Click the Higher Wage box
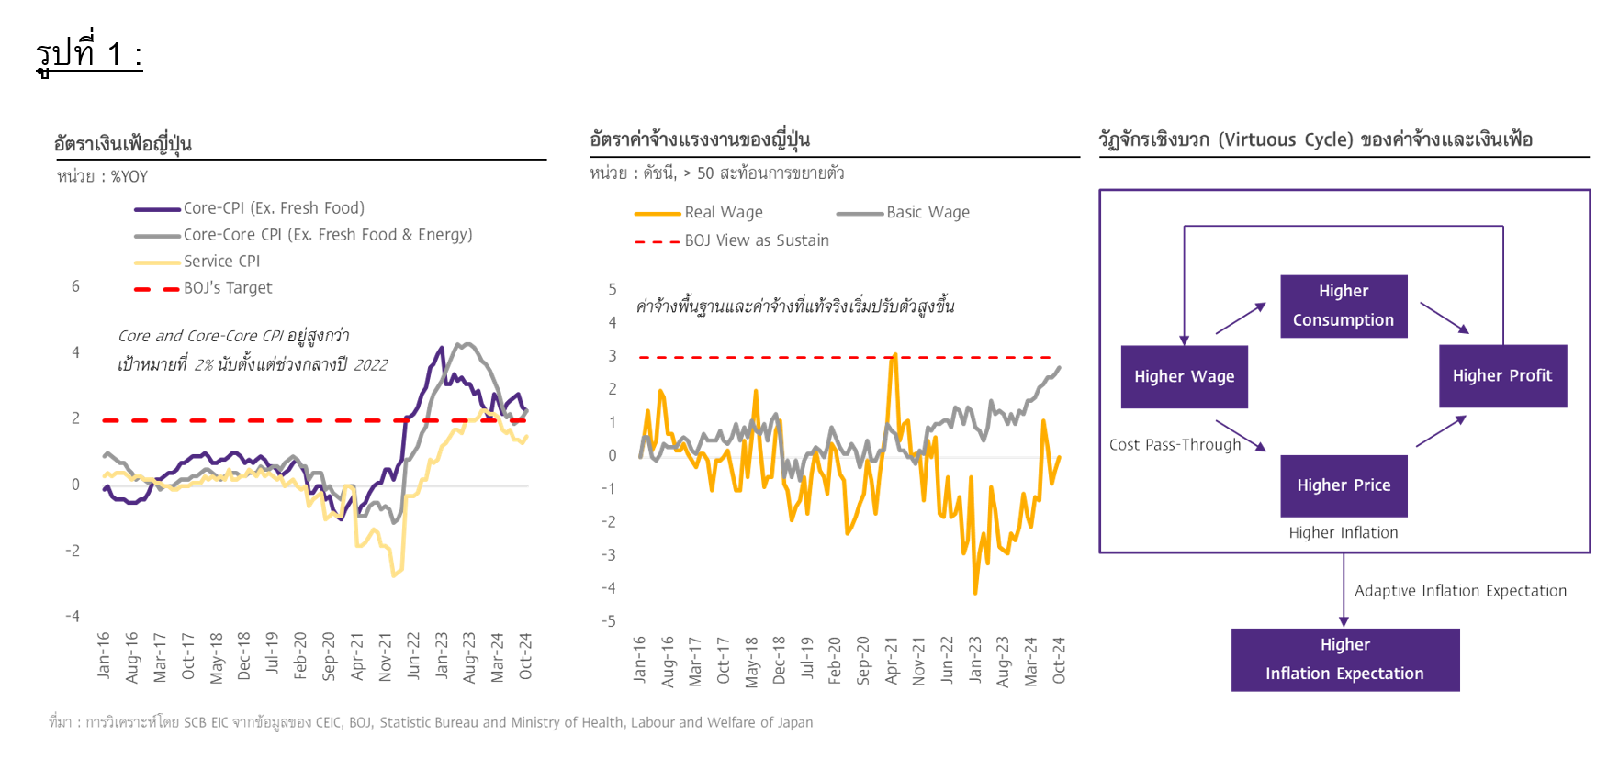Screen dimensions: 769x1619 pyautogui.click(x=1184, y=376)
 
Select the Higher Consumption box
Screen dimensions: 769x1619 pyautogui.click(x=1344, y=306)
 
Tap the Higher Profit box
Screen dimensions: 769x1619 pyautogui.click(x=1502, y=375)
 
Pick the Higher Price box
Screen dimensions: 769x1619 pyautogui.click(x=1344, y=485)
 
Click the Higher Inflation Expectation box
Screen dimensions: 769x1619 pyautogui.click(x=1344, y=659)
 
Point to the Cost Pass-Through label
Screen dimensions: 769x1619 pyautogui.click(x=1175, y=445)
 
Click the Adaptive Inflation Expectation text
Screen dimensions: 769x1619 pyautogui.click(x=1460, y=591)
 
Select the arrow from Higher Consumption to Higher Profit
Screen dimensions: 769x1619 pyautogui.click(x=1445, y=318)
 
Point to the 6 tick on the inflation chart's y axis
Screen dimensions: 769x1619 pyautogui.click(x=76, y=286)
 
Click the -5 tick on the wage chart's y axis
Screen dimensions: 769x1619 pyautogui.click(x=609, y=621)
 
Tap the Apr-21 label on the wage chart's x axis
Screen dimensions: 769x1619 pyautogui.click(x=891, y=660)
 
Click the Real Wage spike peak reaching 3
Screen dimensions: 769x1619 pyautogui.click(x=894, y=356)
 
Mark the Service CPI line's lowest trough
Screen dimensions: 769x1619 pyautogui.click(x=394, y=575)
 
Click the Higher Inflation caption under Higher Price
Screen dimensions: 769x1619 pyautogui.click(x=1343, y=533)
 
